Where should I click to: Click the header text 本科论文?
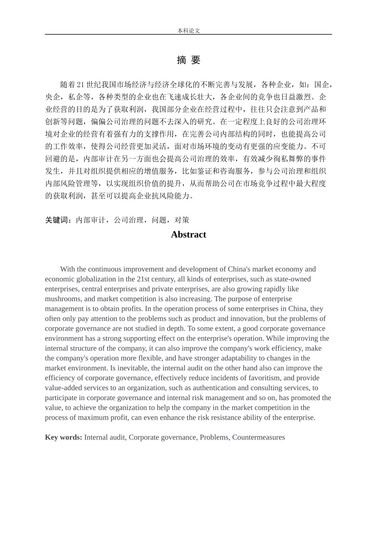(x=188, y=31)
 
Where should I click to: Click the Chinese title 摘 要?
(x=188, y=60)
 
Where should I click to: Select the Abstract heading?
(x=188, y=234)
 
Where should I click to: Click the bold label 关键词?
(x=58, y=220)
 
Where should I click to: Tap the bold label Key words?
(x=63, y=437)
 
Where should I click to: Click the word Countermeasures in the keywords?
(x=258, y=437)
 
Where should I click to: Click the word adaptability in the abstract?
(x=229, y=358)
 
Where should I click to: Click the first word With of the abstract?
(x=67, y=269)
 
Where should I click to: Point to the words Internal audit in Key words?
(x=105, y=437)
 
